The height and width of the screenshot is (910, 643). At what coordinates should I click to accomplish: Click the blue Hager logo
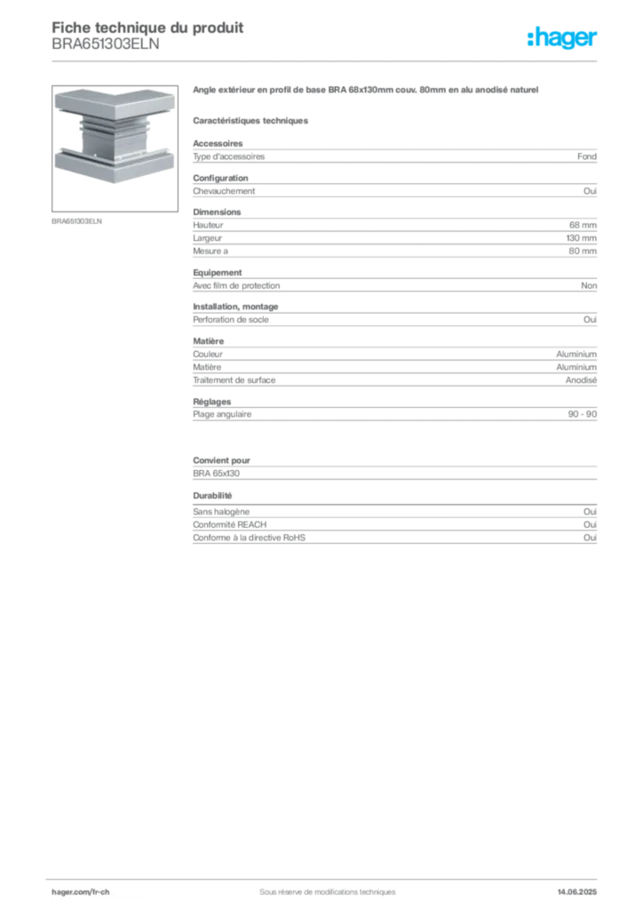point(564,38)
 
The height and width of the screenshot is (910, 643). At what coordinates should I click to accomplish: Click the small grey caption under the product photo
point(78,221)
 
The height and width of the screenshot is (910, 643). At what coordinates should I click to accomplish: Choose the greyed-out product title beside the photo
point(364,92)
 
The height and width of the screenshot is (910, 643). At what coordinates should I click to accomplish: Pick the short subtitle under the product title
point(253,120)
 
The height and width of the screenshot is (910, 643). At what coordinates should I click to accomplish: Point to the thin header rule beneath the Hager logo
point(382,60)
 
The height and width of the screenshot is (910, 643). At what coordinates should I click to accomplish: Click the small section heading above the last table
point(213,496)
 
